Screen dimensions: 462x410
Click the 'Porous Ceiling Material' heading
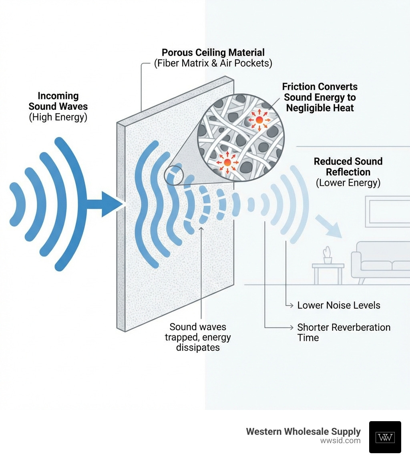(x=213, y=52)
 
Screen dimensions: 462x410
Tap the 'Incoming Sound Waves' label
(x=58, y=101)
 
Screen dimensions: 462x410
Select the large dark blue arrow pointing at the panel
(x=105, y=204)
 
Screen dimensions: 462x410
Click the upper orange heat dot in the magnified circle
(x=259, y=120)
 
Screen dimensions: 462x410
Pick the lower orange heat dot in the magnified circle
(x=227, y=162)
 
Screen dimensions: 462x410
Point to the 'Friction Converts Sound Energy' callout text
(x=320, y=97)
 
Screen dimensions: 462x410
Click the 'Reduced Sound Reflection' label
(x=348, y=167)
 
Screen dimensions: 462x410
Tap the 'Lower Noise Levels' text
(x=338, y=305)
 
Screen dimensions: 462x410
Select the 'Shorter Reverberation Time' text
(x=344, y=332)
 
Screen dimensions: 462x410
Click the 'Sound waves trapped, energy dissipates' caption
(x=198, y=337)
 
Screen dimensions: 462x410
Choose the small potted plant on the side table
(x=328, y=255)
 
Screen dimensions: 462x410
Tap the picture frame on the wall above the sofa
(x=387, y=211)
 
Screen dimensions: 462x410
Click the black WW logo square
(x=385, y=437)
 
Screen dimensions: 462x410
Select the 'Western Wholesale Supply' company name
(x=303, y=432)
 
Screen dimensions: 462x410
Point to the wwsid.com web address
(x=340, y=441)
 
